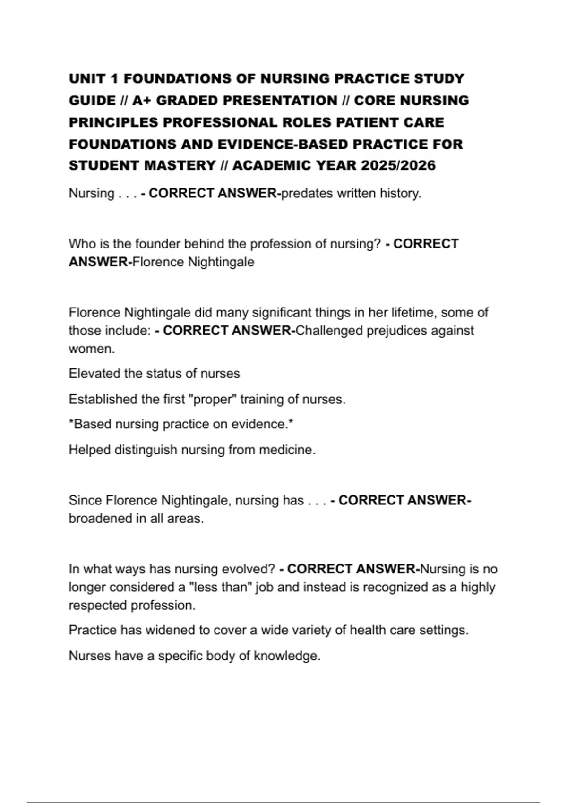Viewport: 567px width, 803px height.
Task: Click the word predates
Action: coord(307,194)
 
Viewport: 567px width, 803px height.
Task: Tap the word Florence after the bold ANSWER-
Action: coord(158,262)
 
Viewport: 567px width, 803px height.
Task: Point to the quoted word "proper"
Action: coord(212,400)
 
